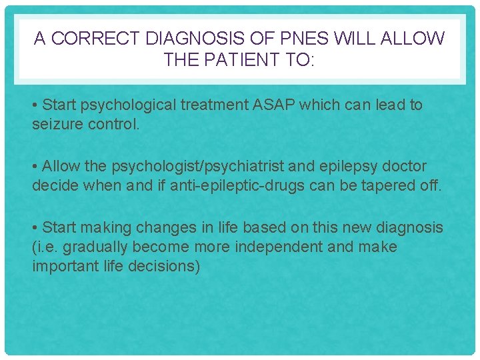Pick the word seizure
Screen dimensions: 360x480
59,124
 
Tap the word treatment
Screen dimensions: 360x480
198,105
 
